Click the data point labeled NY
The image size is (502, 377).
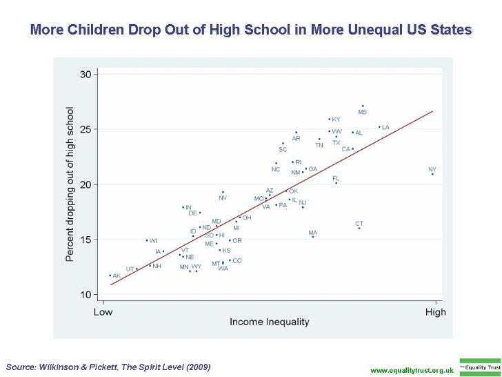(432, 174)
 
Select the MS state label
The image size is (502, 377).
(362, 112)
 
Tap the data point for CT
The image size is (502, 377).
(359, 229)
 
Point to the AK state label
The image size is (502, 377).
(117, 275)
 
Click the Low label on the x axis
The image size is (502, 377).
(103, 312)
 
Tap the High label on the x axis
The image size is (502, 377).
(436, 312)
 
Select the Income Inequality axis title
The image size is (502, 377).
(269, 322)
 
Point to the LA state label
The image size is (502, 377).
(385, 127)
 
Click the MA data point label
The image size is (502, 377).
(313, 233)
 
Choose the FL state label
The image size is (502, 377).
(336, 178)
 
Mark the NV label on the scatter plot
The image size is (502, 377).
(223, 198)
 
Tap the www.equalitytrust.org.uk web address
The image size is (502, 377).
(412, 370)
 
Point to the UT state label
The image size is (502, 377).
(130, 269)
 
